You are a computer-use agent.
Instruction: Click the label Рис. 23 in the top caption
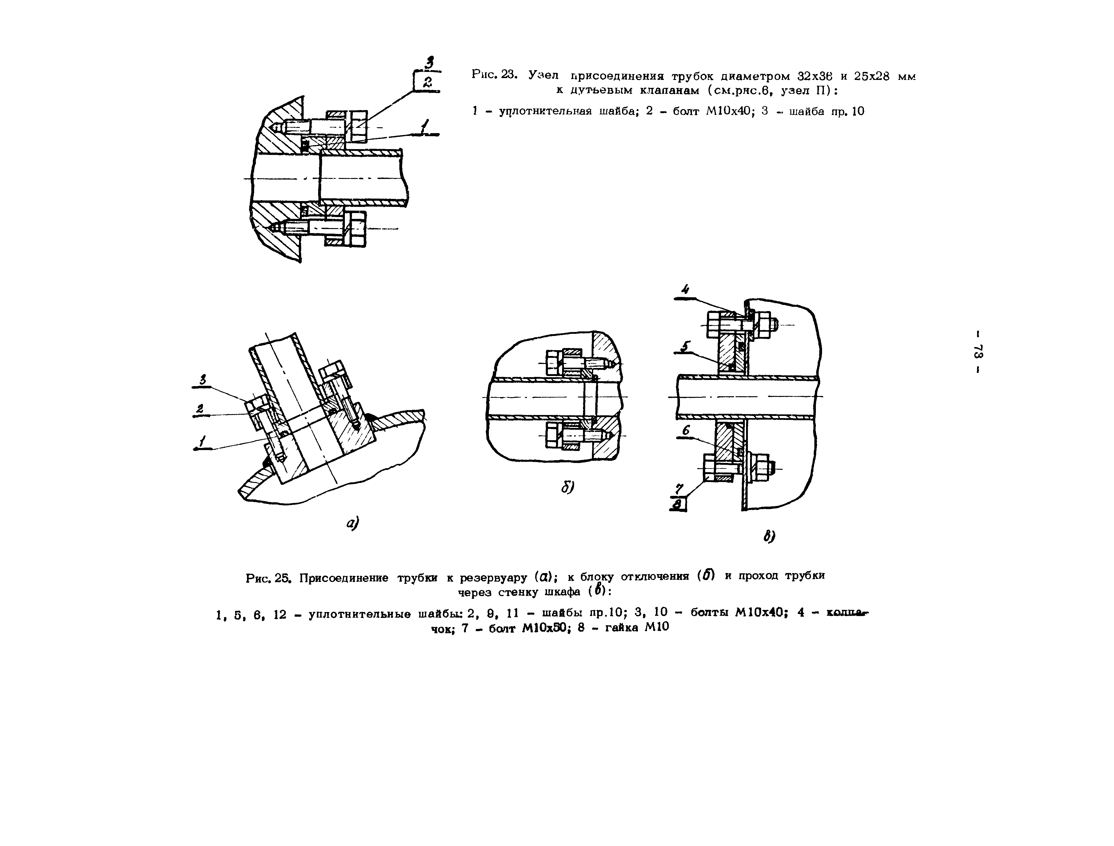488,74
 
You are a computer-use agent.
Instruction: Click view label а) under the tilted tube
352,524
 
